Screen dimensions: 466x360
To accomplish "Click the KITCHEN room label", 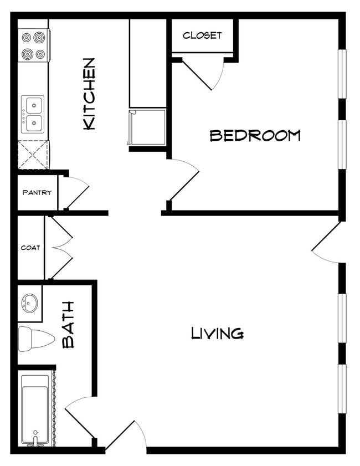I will pos(89,94).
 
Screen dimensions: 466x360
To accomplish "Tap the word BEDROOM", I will pos(255,135).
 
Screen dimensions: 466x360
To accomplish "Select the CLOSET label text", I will pos(202,35).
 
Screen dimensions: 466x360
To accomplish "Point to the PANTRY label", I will pos(37,193).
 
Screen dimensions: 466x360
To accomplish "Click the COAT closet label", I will pos(30,248).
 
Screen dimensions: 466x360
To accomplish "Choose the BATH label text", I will pos(68,324).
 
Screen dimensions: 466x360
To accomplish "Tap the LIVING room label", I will pos(217,333).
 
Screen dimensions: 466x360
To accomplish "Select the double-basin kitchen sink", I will pos(33,115).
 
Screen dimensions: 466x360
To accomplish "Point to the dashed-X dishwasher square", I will pos(33,155).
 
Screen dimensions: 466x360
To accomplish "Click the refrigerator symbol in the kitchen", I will pos(147,127).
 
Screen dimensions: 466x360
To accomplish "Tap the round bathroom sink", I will pos(29,303).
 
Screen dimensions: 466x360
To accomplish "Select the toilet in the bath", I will pos(35,339).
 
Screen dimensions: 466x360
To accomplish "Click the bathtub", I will pos(36,409).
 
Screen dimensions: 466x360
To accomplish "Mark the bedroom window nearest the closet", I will pos(342,74).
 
